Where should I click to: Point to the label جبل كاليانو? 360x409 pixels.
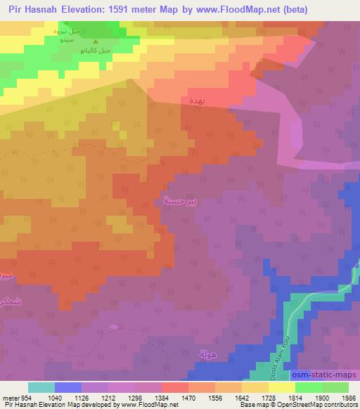pos(96,51)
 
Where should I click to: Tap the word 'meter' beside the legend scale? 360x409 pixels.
pos(11,398)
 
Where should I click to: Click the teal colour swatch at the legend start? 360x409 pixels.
pos(41,387)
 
